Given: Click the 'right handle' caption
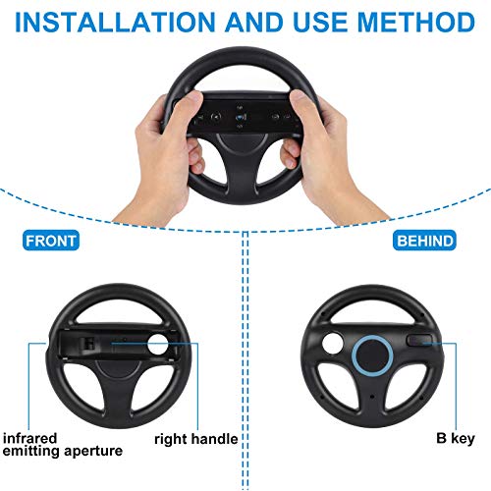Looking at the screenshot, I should point(197,438).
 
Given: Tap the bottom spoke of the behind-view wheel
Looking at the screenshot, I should point(374,401).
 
